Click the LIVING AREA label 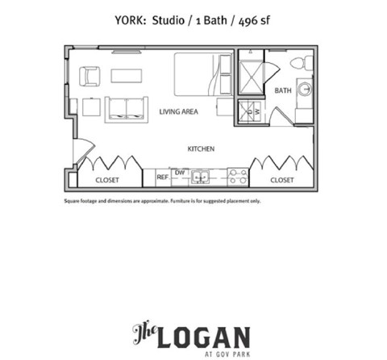[x=180, y=111]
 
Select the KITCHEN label [x=201, y=149]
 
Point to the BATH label [x=283, y=90]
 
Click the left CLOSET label [x=108, y=180]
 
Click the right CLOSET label [x=282, y=180]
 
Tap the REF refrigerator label [x=162, y=177]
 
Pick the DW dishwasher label [x=180, y=172]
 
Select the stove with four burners [x=237, y=176]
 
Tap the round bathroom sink [x=305, y=90]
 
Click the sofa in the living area [x=127, y=108]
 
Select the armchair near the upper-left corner [x=89, y=75]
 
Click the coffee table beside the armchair [x=126, y=75]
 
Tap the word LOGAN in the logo [x=205, y=335]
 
